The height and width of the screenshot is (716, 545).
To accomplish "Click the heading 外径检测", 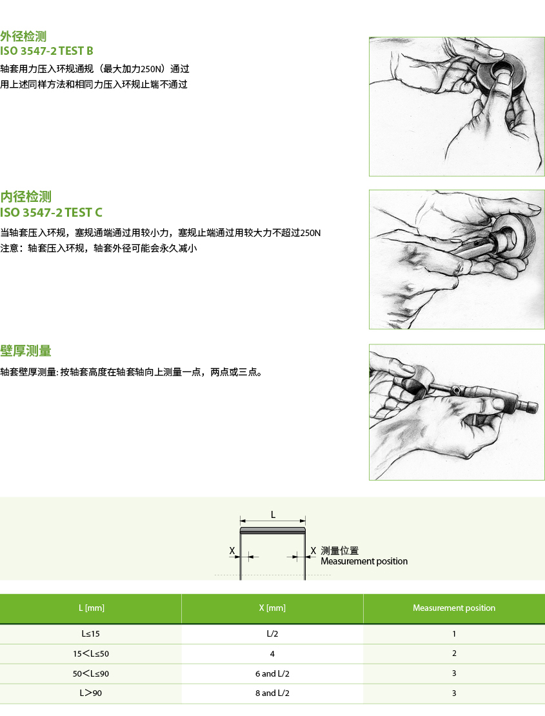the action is [23, 37].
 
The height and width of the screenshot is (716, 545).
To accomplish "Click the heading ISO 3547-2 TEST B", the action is [46, 51].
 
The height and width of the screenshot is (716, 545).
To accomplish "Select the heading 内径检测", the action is [26, 197].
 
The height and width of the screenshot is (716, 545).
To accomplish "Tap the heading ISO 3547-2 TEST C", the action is [51, 212].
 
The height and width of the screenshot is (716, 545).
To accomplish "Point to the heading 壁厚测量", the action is [26, 351].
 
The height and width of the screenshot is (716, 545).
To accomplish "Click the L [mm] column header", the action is [92, 608].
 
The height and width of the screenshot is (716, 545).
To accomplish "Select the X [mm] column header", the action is [272, 608].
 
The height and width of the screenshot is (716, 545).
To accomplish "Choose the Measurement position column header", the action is [453, 608].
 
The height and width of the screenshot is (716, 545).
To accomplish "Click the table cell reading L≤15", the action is [90, 634].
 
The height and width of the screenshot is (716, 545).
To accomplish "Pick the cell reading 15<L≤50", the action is [91, 653].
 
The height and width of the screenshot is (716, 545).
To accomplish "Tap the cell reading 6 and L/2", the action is [272, 673].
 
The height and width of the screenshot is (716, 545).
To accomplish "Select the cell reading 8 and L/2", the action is [272, 693].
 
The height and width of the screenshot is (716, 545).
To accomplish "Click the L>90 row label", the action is [91, 693].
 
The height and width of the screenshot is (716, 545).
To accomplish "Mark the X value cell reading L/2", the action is [272, 634].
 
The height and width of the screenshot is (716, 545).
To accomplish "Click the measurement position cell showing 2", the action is [454, 653].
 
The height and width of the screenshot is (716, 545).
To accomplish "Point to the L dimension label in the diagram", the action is [273, 515].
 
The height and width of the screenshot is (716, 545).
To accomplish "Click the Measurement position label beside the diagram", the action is [364, 561].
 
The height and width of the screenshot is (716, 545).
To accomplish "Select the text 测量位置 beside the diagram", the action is [340, 551].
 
